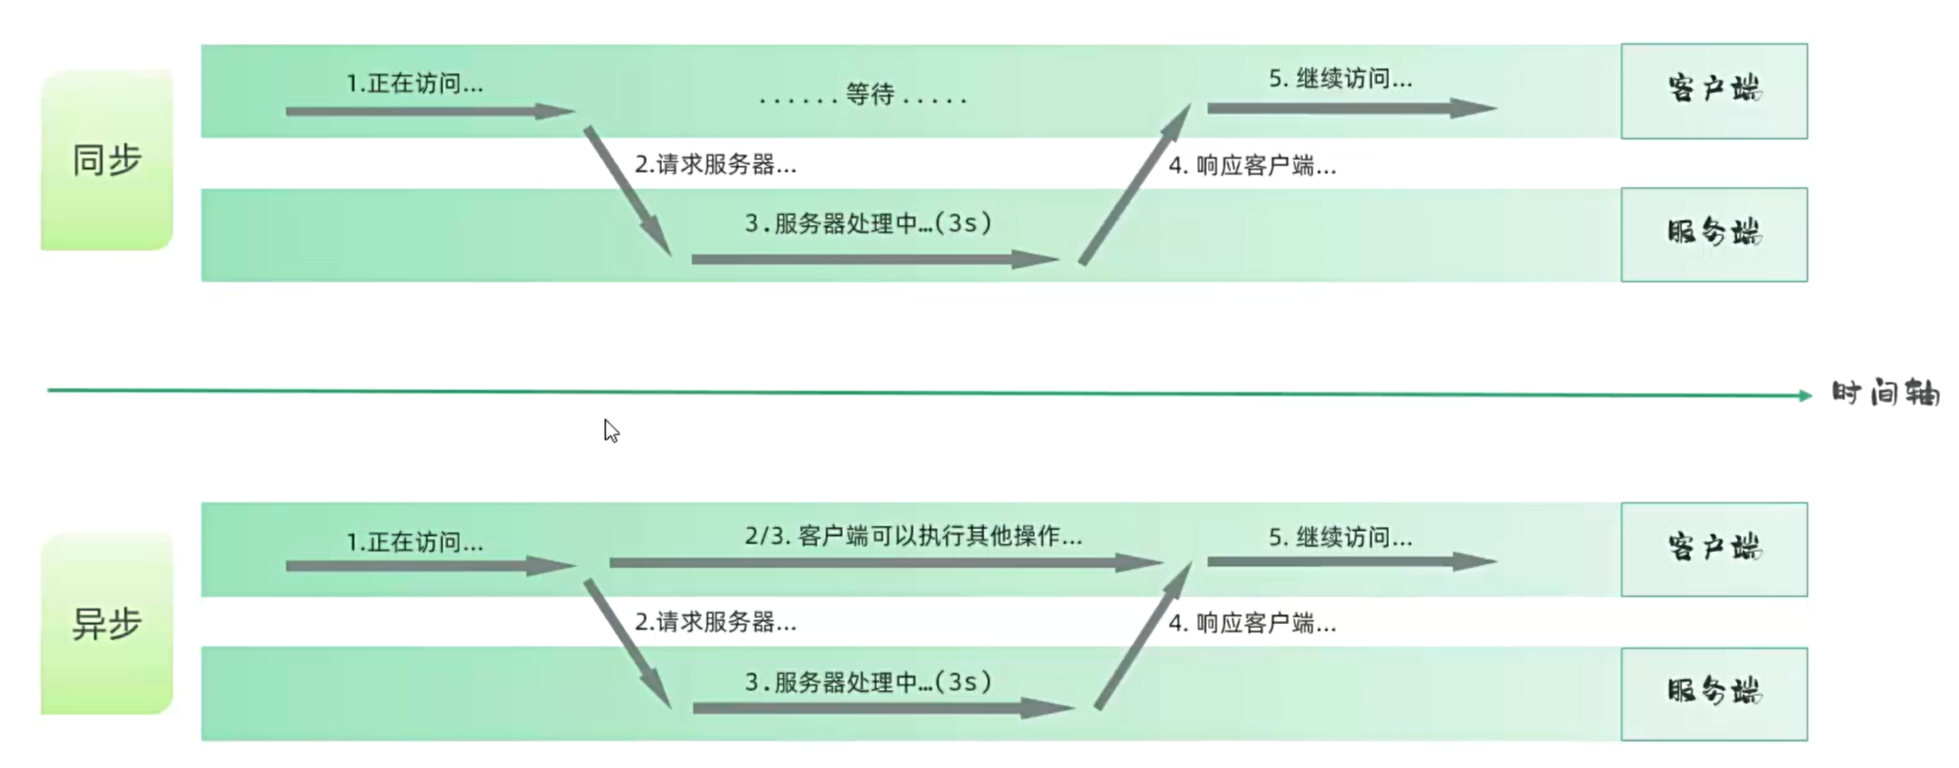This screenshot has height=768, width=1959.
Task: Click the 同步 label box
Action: pyautogui.click(x=106, y=159)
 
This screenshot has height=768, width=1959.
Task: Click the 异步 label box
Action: pyautogui.click(x=106, y=624)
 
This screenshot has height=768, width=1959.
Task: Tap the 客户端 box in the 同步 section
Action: pyautogui.click(x=1713, y=90)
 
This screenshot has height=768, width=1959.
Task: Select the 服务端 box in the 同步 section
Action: pyautogui.click(x=1713, y=234)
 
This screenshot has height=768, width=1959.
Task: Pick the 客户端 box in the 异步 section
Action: pyautogui.click(x=1713, y=549)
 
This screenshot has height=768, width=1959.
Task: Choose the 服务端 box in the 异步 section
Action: pyautogui.click(x=1713, y=693)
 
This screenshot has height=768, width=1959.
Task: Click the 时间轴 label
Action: pyautogui.click(x=1885, y=393)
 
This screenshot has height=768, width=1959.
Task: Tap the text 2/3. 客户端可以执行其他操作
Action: pyautogui.click(x=912, y=537)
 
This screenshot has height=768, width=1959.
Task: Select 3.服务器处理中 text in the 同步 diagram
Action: pyautogui.click(x=868, y=224)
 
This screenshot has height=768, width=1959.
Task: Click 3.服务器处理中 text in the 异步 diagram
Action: pyautogui.click(x=868, y=683)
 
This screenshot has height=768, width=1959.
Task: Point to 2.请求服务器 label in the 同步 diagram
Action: pyautogui.click(x=715, y=165)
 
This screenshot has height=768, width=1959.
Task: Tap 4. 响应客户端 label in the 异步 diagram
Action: pyautogui.click(x=1252, y=624)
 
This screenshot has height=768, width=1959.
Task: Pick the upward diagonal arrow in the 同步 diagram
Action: pyautogui.click(x=1134, y=186)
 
